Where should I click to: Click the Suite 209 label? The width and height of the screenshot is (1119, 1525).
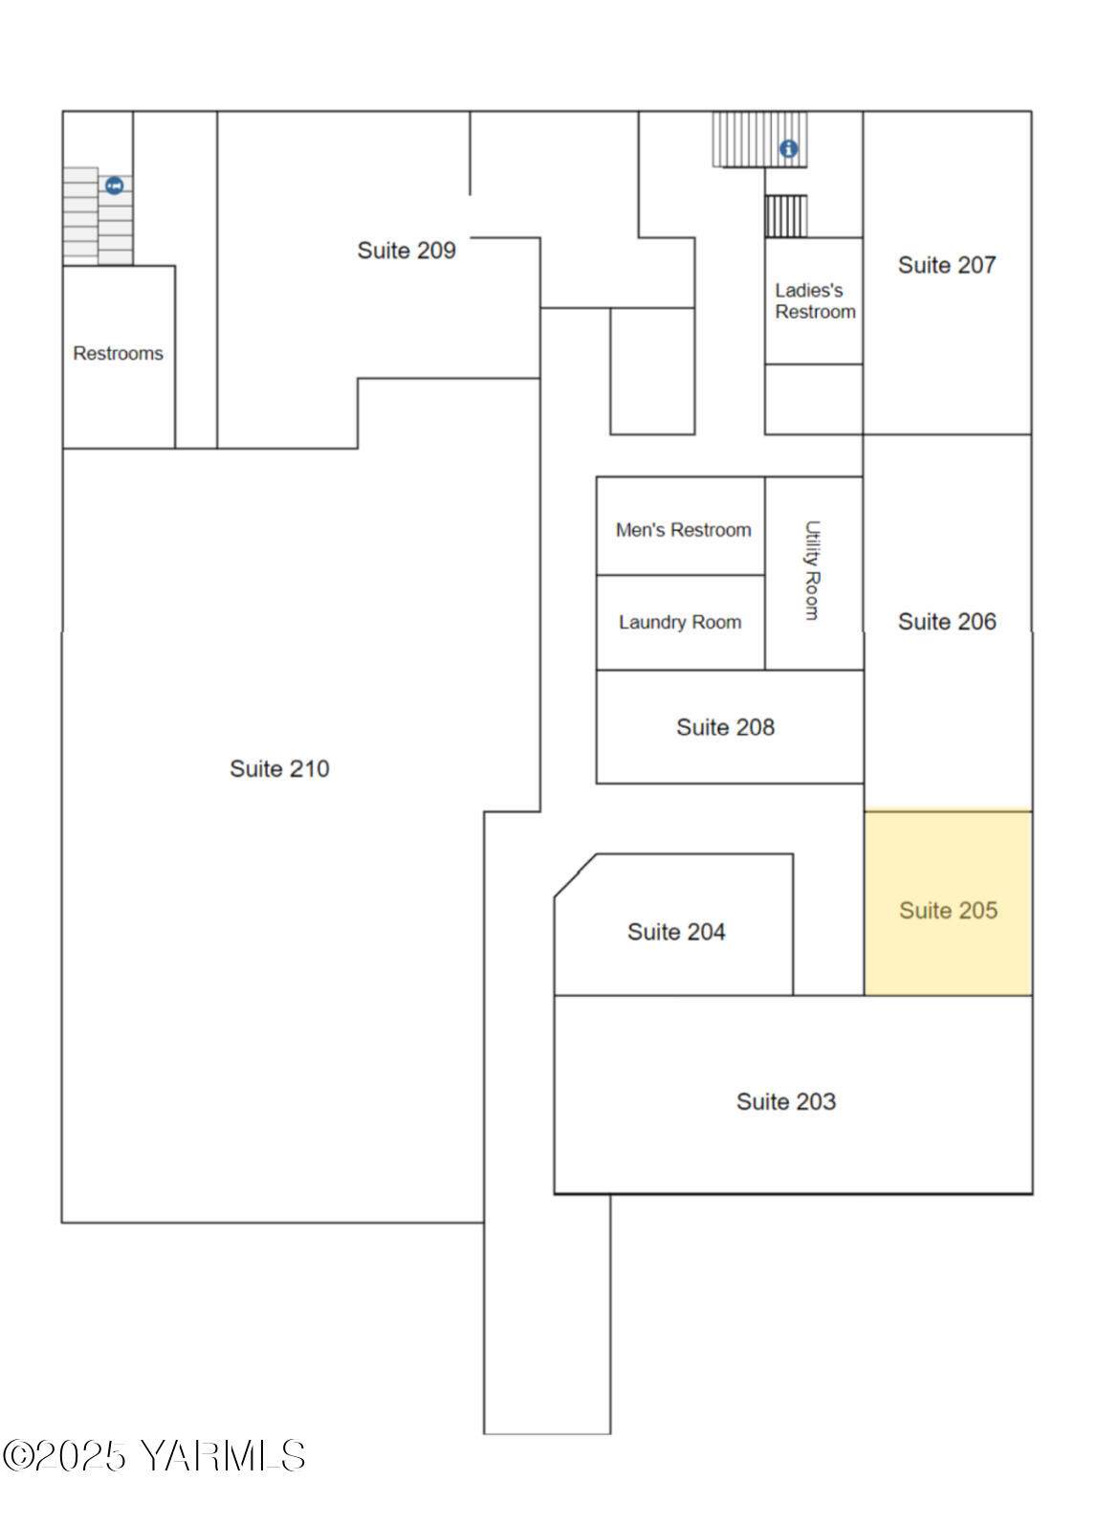(406, 251)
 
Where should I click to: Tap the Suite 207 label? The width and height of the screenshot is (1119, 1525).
(947, 265)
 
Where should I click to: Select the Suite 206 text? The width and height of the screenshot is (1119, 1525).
(947, 621)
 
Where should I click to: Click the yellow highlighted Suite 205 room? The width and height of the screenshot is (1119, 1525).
(948, 903)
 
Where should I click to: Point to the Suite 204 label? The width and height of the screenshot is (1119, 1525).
(676, 931)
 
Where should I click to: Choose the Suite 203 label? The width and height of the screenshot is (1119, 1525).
(786, 1101)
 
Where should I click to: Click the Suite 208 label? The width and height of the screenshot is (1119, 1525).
(726, 727)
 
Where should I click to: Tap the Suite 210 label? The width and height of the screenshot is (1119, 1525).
(279, 768)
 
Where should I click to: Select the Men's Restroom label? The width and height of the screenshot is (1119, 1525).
(684, 530)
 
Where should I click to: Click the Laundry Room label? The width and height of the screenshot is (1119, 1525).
(680, 622)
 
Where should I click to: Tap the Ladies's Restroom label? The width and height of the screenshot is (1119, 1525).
(815, 301)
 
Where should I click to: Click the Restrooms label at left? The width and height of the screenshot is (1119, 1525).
(118, 353)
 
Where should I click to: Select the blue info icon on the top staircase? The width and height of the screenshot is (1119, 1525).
(789, 148)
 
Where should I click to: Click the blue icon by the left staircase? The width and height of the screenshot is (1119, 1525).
(115, 186)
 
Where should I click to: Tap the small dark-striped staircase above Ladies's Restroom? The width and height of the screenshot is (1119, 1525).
(786, 216)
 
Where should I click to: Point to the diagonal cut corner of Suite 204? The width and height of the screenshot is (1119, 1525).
(575, 875)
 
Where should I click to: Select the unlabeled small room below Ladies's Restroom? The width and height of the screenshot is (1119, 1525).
(814, 399)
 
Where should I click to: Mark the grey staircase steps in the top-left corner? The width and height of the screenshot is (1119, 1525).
(98, 216)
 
